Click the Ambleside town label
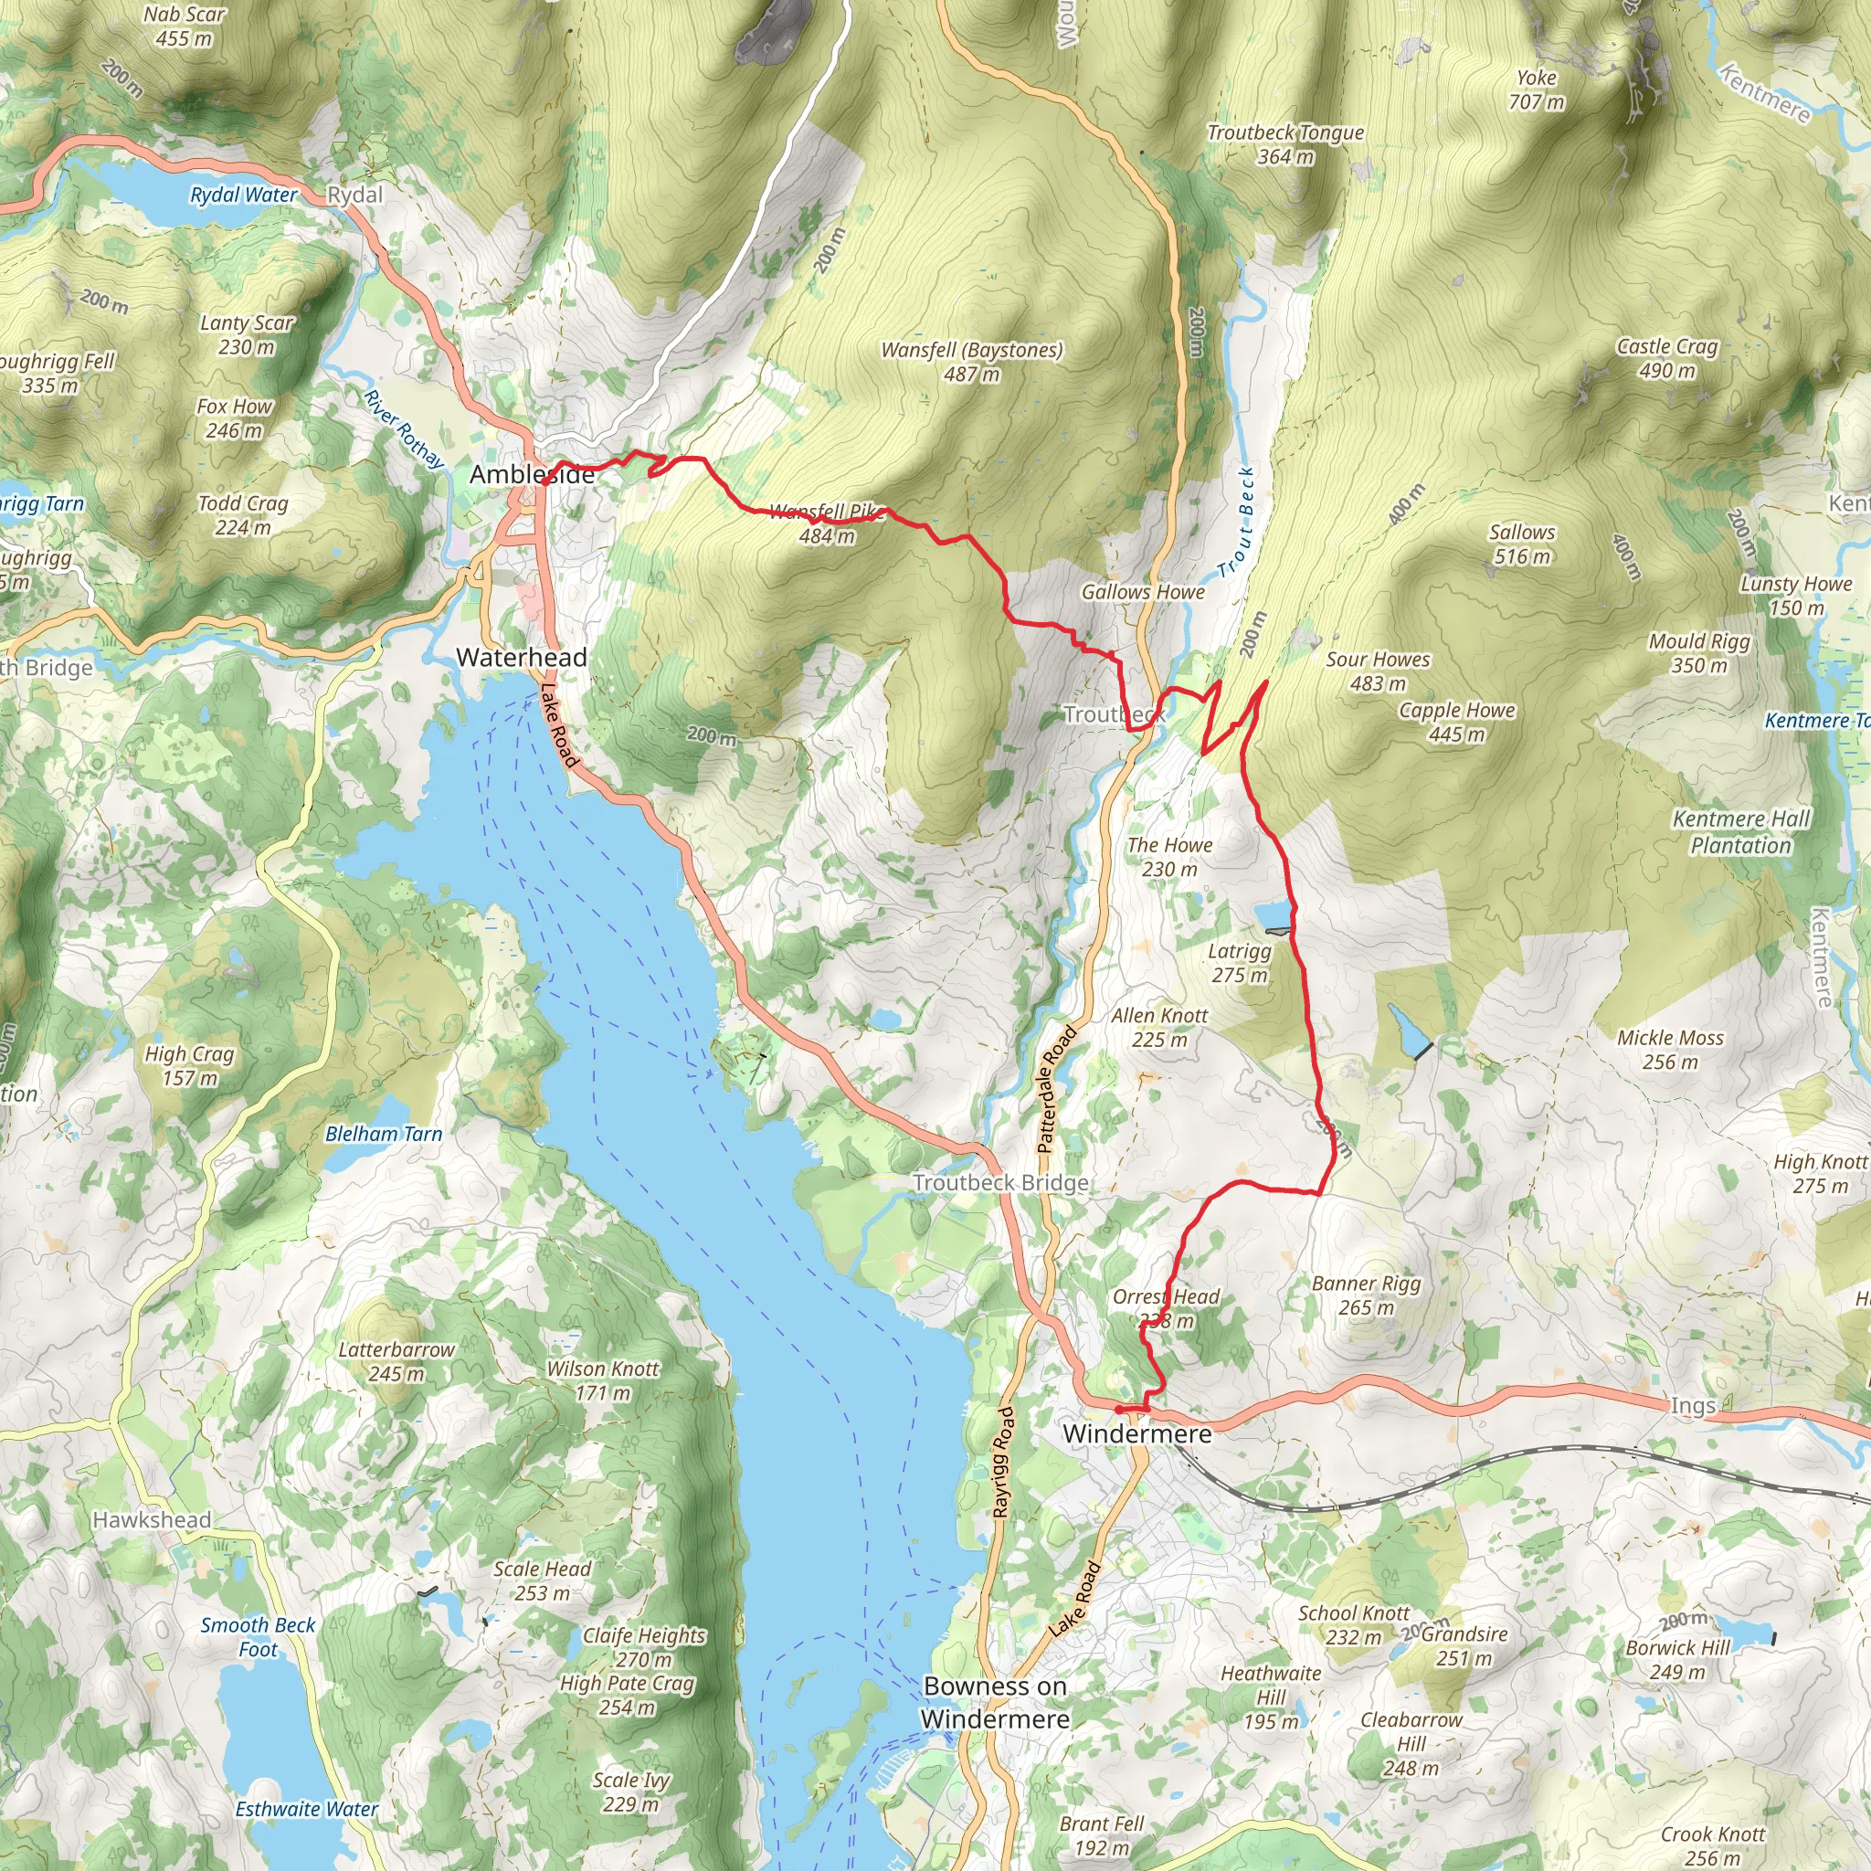532,474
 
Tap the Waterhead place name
521,658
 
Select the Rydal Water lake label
243,195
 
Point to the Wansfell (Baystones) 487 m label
971,361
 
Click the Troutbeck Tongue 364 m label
1285,144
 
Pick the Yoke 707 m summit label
1536,90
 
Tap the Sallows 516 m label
1521,544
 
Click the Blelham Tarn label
384,1134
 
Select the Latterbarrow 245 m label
396,1360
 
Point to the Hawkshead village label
151,1519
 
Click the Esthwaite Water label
306,1809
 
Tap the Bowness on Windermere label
995,1703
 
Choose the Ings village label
1693,1405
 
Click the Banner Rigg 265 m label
1366,1295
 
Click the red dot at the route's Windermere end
1118,1410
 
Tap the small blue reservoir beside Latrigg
1272,915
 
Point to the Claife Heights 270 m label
644,1646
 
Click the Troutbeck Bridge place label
1000,1182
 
